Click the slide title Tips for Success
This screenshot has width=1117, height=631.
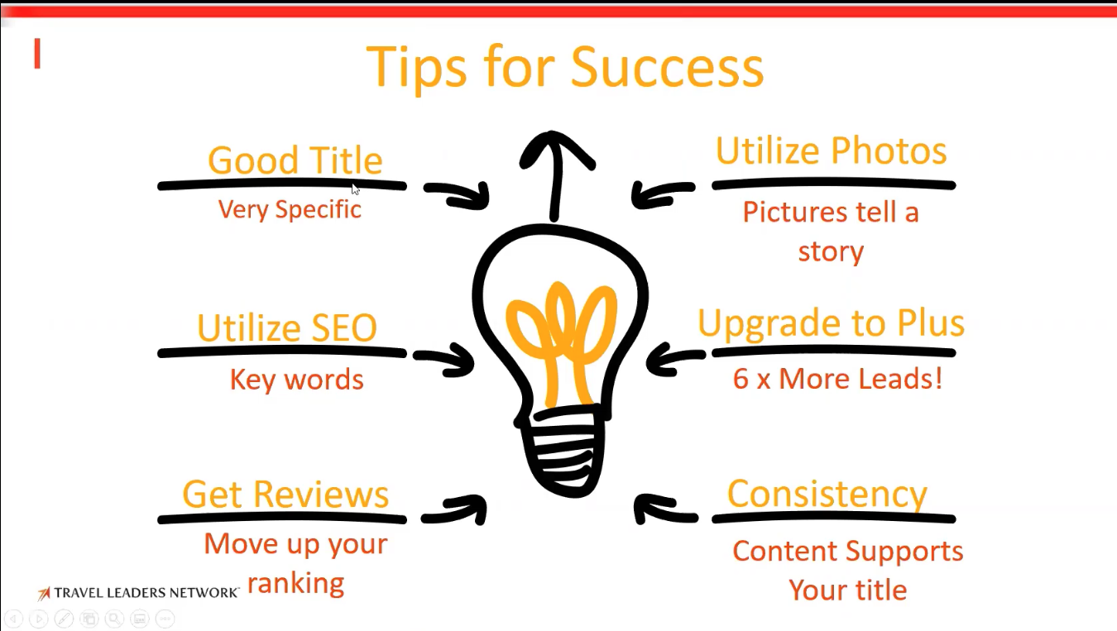click(564, 67)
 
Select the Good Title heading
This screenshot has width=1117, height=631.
click(295, 160)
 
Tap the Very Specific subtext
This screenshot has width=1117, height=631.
click(290, 209)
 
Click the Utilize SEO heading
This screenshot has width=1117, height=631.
click(287, 327)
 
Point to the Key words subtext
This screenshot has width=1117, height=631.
click(297, 380)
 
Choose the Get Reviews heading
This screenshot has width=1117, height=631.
click(285, 494)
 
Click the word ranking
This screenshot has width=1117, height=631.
click(295, 583)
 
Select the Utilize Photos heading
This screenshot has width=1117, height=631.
click(831, 151)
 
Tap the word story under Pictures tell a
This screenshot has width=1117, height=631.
click(831, 251)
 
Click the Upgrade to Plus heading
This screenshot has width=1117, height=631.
click(831, 324)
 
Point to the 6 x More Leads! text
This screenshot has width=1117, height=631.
click(837, 378)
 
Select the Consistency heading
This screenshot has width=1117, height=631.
click(827, 495)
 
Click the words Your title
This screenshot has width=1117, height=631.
click(848, 590)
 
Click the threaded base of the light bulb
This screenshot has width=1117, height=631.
click(563, 451)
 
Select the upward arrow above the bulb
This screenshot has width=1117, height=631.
click(555, 174)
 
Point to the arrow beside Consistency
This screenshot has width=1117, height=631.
click(666, 509)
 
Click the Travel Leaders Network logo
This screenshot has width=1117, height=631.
click(139, 593)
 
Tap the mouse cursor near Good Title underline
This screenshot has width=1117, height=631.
click(355, 189)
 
